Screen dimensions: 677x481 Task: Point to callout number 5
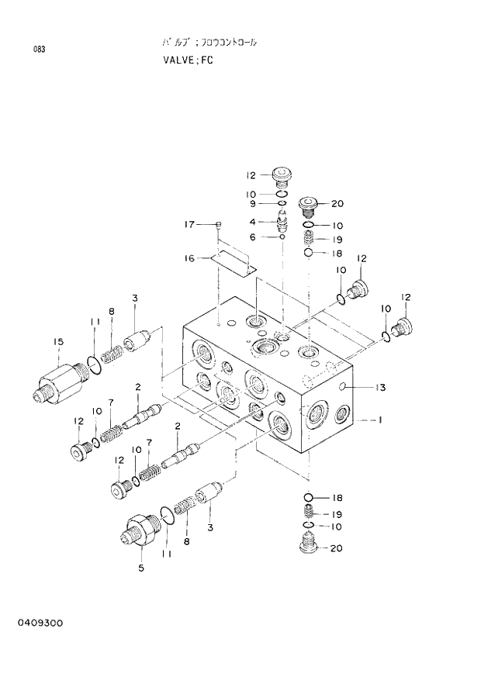coord(141,567)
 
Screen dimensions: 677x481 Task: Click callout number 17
coord(188,225)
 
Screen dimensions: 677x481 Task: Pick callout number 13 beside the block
coord(380,387)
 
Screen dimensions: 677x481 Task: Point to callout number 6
coord(251,237)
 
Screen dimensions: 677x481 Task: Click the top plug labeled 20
coord(307,206)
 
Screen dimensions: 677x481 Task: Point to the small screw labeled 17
coord(219,225)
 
